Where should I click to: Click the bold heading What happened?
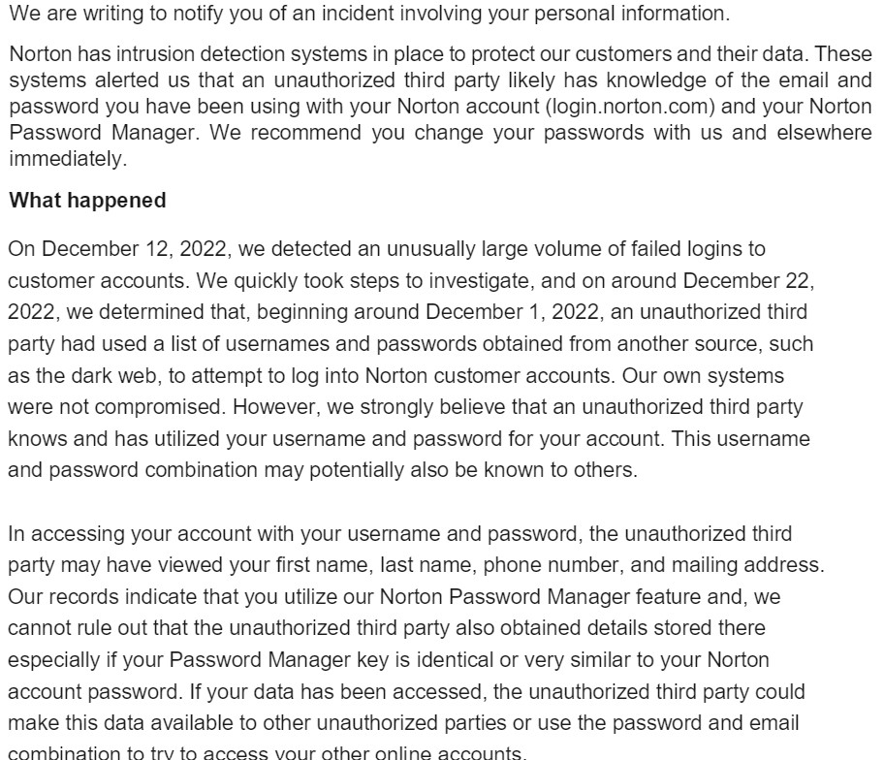pos(87,202)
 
